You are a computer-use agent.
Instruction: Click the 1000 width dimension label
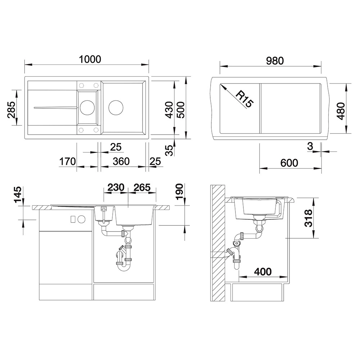tap(90, 59)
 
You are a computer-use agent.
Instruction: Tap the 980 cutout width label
tap(275, 61)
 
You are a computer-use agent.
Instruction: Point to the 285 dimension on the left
tap(12, 109)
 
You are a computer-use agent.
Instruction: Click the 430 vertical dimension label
tap(170, 110)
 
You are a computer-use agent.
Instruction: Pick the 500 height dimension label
tap(181, 110)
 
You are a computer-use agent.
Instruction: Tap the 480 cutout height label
tap(341, 111)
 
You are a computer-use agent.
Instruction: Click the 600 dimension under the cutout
tap(289, 163)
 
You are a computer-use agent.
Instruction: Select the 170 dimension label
tap(68, 161)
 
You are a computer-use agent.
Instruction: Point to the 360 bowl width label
tap(121, 161)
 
